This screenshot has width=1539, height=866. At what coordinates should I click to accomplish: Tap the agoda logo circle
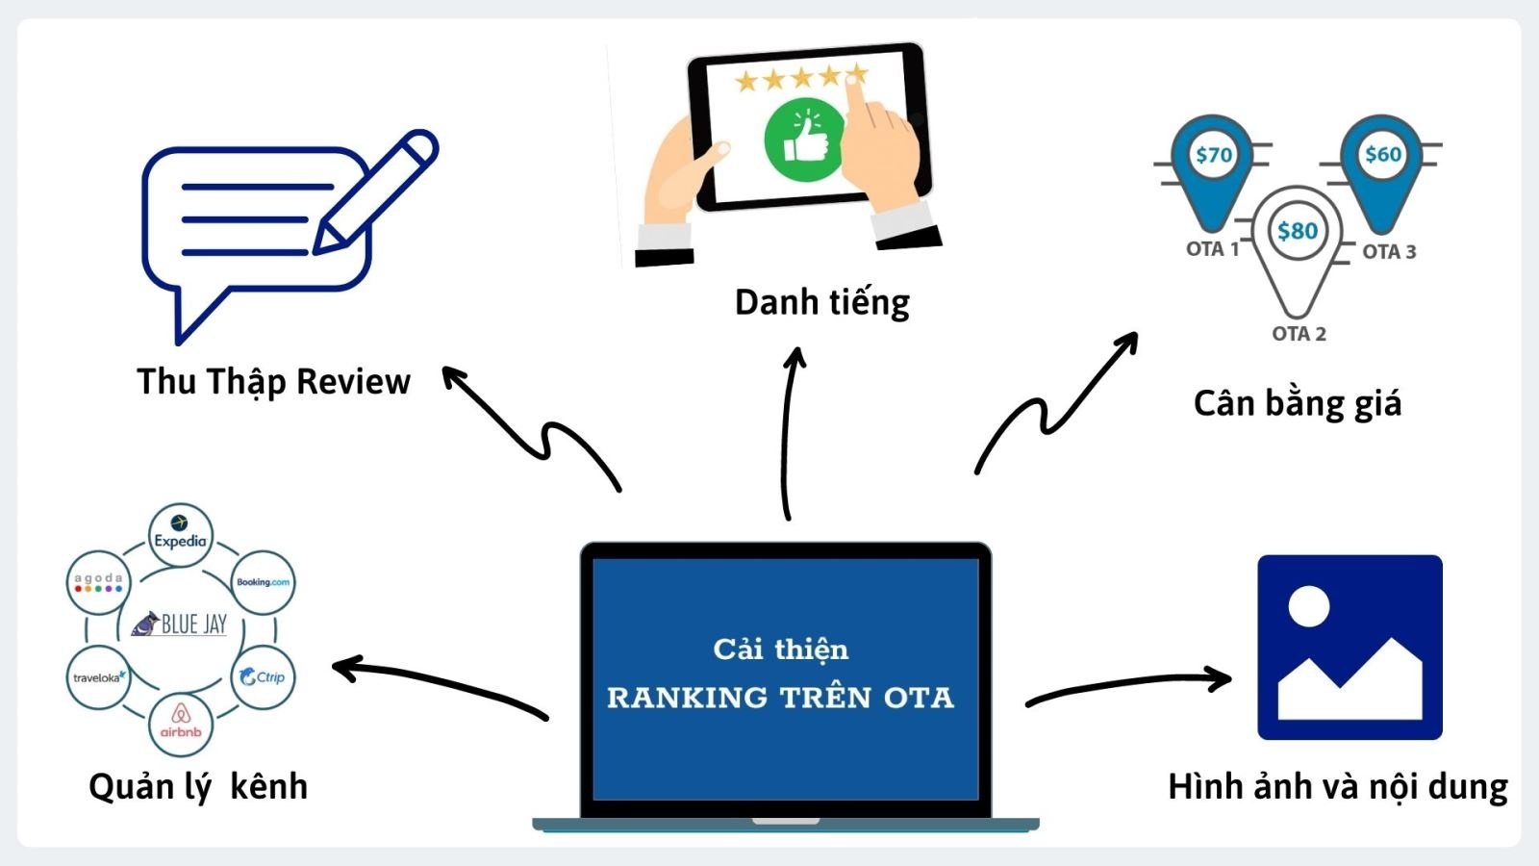98,582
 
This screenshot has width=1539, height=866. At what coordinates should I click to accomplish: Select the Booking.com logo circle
263,582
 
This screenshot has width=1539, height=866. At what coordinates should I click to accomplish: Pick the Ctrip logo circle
263,677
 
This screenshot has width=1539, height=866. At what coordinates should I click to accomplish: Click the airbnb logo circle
181,724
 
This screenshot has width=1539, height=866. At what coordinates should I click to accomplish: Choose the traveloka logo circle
98,677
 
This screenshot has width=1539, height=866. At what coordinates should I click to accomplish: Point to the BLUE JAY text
192,624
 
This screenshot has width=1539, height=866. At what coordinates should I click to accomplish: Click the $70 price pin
1213,164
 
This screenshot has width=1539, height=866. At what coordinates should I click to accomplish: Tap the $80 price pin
1297,236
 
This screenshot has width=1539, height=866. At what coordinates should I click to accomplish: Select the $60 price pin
1382,164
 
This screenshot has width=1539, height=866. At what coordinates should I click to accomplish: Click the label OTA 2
1298,334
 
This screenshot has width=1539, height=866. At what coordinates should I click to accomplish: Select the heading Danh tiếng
821,303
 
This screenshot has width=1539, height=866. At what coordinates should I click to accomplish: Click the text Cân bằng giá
1297,403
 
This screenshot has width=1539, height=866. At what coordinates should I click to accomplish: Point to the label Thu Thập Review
273,382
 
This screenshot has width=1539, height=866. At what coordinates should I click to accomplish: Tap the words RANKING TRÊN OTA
780,698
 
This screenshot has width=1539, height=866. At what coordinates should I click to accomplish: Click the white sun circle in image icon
1308,606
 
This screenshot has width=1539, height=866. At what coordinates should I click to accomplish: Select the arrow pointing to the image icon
1130,686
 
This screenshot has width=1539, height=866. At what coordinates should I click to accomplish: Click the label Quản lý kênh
198,787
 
